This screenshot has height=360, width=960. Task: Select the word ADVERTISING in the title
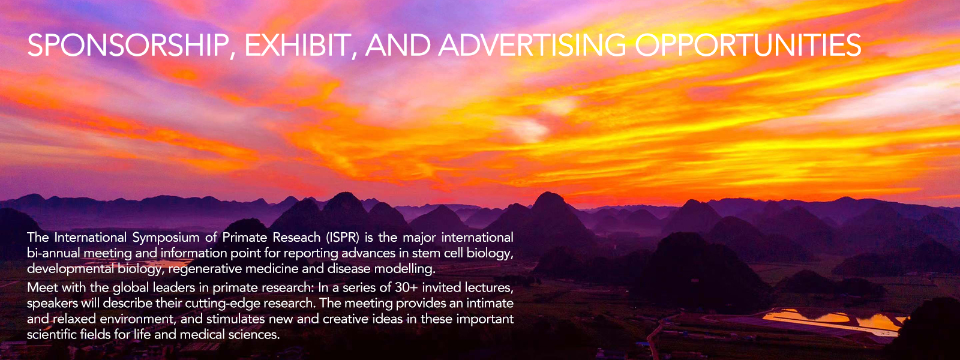click(532, 45)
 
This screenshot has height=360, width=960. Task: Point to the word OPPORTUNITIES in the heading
click(748, 45)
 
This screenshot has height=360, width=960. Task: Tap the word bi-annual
click(53, 253)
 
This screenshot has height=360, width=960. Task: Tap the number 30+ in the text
click(406, 287)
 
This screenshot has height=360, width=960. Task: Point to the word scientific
click(52, 334)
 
